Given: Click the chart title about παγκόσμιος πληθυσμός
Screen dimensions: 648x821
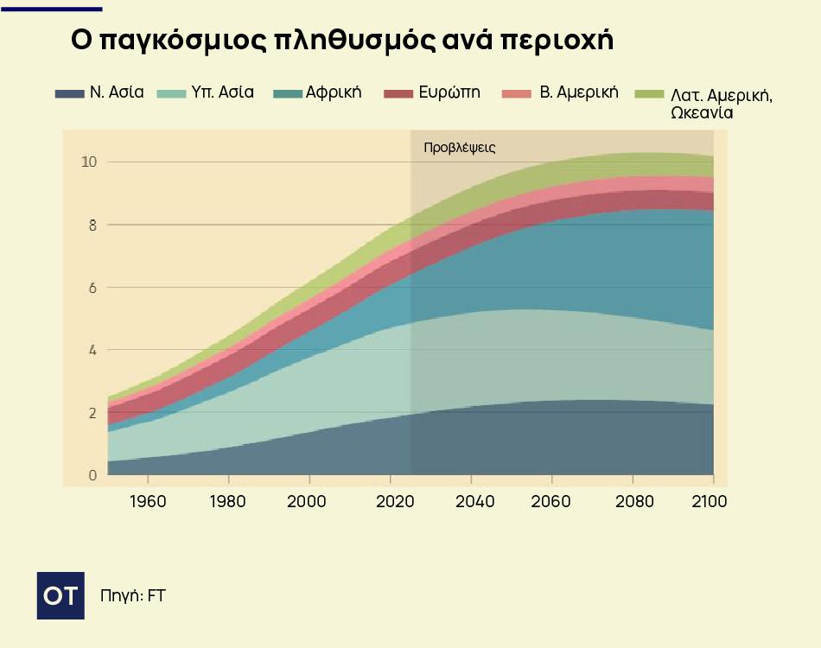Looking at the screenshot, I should tap(341, 41).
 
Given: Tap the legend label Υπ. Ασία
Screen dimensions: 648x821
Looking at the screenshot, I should tap(222, 92).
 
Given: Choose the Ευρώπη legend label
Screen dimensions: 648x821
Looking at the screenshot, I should tap(449, 92).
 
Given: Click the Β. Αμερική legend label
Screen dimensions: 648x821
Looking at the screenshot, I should tap(578, 92).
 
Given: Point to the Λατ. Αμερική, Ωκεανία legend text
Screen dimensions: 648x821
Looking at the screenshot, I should tap(721, 103).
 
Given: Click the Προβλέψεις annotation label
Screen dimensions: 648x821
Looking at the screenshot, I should tap(459, 148).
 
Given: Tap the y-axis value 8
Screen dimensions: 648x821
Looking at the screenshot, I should tap(91, 225).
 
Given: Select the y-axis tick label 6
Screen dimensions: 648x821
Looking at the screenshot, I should tap(91, 288).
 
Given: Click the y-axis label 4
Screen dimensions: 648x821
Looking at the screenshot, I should tap(91, 350).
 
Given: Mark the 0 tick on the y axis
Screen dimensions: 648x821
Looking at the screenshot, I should tap(91, 475).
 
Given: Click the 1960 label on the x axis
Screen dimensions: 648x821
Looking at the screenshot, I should tap(148, 502).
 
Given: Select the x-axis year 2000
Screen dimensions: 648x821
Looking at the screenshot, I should tap(309, 502).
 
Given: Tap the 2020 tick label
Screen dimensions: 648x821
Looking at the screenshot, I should tap(390, 502).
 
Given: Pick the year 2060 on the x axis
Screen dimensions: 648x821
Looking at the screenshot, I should tap(551, 502).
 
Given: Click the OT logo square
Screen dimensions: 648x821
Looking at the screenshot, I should tap(60, 595).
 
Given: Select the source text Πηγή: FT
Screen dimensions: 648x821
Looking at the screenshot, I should tap(132, 595).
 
